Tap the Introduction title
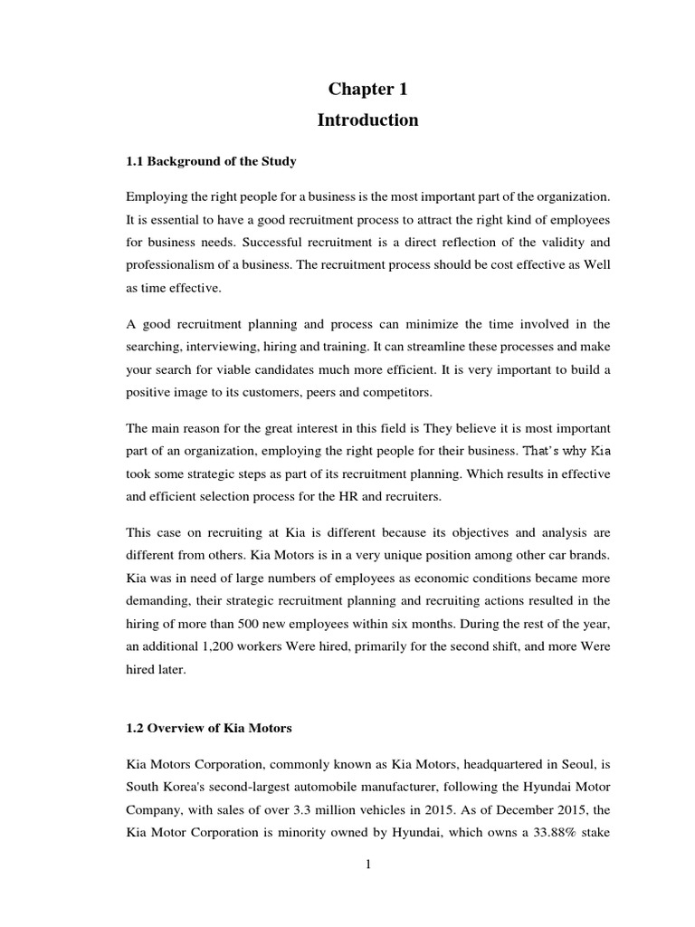(367, 120)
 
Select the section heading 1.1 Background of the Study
(211, 161)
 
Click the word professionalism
(174, 267)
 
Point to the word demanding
(160, 600)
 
